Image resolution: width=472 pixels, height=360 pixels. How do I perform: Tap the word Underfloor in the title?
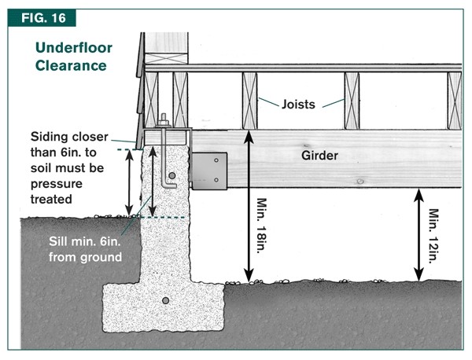tap(74, 48)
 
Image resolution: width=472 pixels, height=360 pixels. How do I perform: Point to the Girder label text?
tap(320, 156)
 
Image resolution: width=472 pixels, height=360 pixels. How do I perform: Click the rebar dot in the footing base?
tap(164, 301)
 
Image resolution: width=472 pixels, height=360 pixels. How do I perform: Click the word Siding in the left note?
tap(48, 134)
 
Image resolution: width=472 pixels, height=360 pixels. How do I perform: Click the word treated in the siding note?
tap(51, 200)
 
